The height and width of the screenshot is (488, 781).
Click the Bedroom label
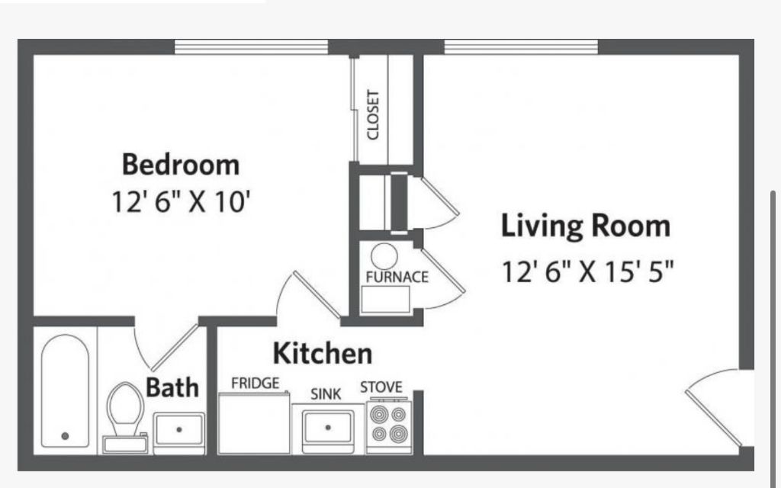181,165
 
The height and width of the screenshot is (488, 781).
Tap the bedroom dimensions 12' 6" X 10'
180,202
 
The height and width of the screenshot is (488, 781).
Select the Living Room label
586,226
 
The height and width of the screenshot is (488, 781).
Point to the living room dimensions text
588,272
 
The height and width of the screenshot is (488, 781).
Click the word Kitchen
323,354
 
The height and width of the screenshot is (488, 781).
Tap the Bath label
172,387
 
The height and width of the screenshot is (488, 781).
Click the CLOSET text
373,115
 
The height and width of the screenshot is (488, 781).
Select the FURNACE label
397,277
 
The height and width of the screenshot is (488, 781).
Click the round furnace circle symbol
384,256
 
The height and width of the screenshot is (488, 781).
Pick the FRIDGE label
255,384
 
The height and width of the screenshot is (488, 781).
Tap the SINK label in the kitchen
326,394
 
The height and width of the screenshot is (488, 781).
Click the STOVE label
381,387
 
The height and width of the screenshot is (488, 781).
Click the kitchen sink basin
328,427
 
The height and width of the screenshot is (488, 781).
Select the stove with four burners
389,426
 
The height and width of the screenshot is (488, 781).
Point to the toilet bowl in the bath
126,404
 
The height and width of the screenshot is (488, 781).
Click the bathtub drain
65,436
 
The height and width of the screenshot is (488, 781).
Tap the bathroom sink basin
178,429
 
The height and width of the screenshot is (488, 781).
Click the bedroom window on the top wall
252,47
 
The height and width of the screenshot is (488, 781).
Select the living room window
521,47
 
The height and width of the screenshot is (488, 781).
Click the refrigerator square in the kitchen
254,422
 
